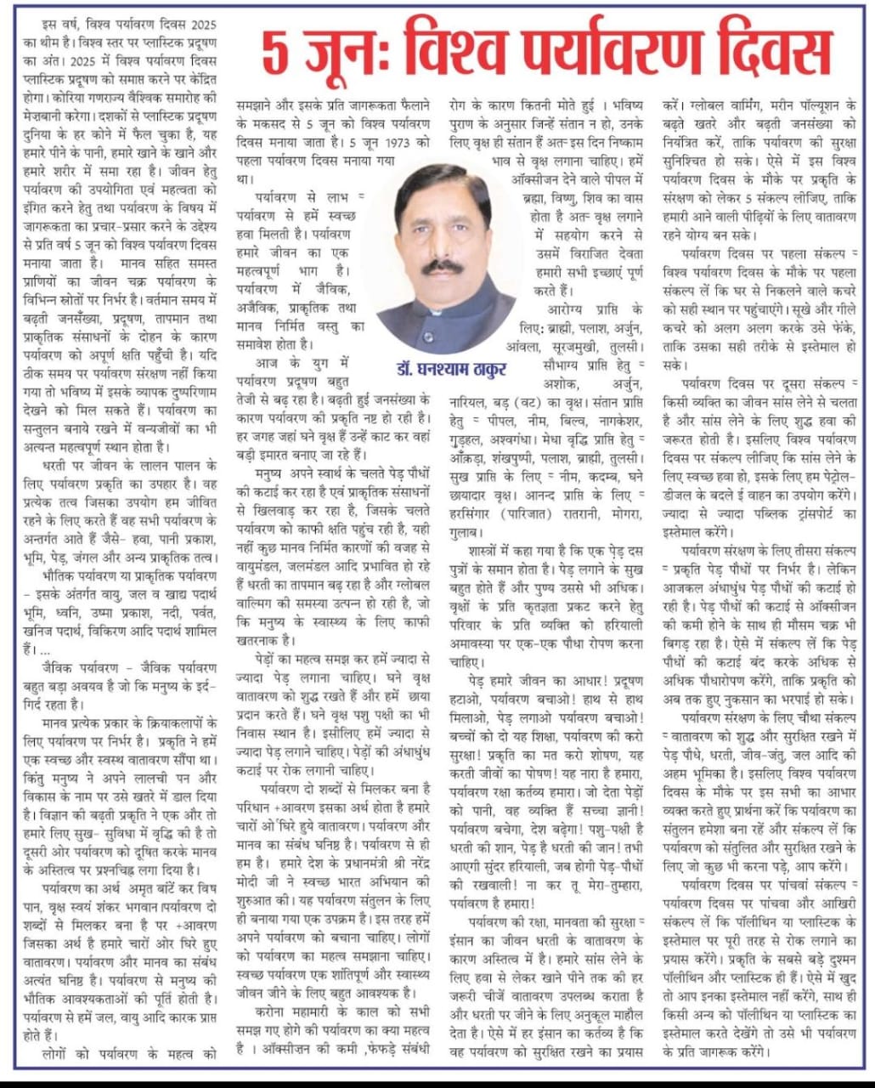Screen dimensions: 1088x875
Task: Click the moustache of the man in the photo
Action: [442, 266]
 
